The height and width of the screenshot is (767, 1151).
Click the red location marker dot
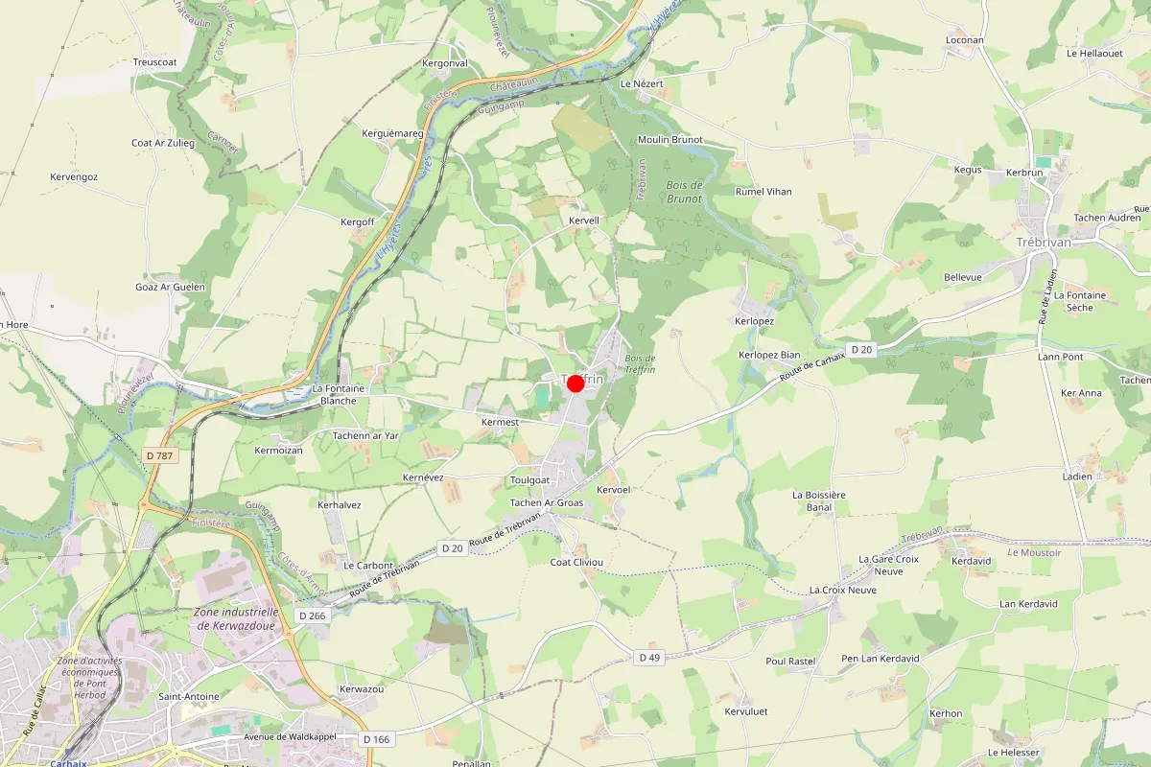click(x=575, y=383)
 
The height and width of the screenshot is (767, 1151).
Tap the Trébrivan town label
click(x=1043, y=243)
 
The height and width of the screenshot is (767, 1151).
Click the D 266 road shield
click(x=312, y=616)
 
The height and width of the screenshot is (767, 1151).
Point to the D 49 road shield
click(x=649, y=657)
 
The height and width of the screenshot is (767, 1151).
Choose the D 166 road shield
click(x=377, y=739)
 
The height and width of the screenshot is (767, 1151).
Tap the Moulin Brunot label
click(x=670, y=140)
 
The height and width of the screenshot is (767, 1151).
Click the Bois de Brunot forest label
click(x=683, y=192)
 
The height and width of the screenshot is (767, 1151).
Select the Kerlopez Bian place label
click(x=769, y=355)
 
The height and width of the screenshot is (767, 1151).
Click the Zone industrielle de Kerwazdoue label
click(x=236, y=618)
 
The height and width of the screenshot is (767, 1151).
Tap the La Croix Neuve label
click(x=843, y=590)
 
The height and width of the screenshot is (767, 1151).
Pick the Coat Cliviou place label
click(x=575, y=562)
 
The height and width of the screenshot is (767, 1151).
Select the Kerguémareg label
click(x=393, y=133)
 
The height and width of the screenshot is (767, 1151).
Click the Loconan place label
click(x=965, y=40)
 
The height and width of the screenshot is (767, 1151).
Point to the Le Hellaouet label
click(x=1094, y=54)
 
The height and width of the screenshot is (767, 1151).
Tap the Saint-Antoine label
click(x=189, y=696)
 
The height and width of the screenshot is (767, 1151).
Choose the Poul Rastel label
click(x=790, y=661)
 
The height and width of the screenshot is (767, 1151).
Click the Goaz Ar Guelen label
click(x=171, y=287)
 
